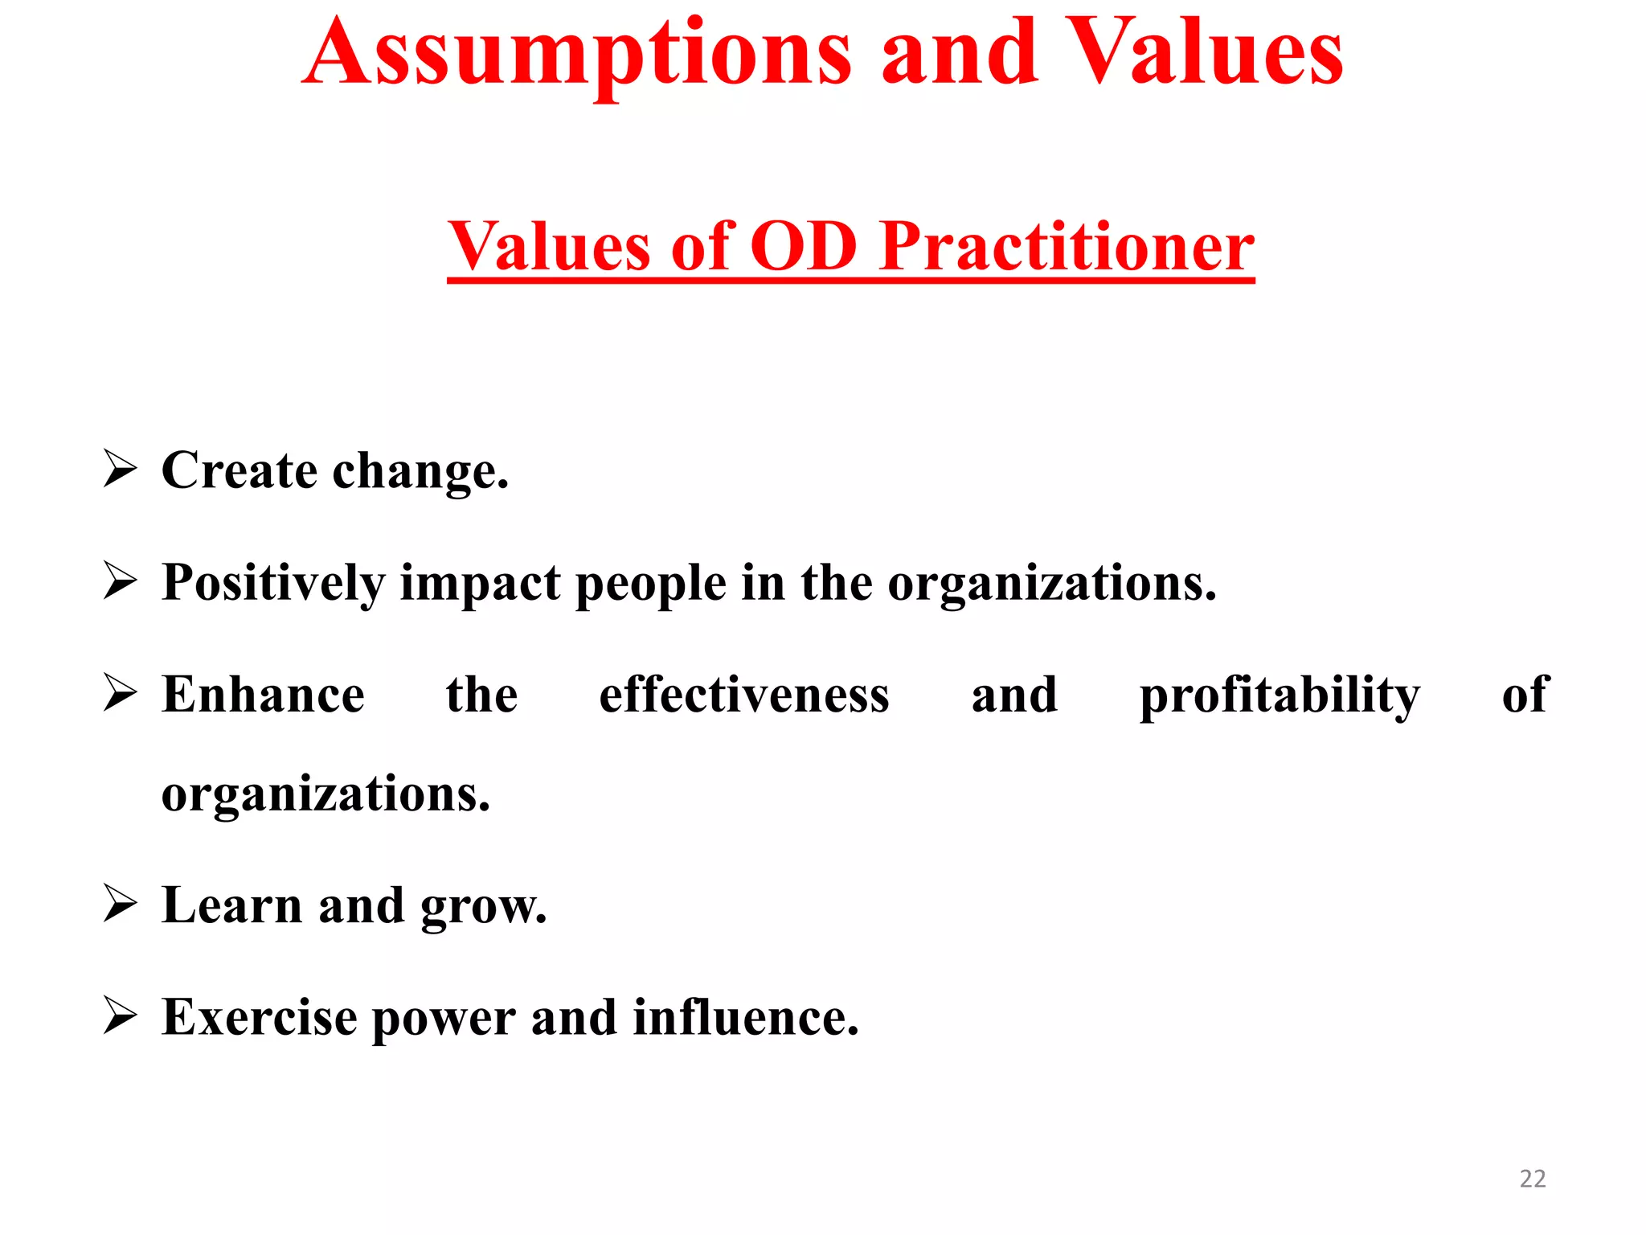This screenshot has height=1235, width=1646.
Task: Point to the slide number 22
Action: pos(1533,1179)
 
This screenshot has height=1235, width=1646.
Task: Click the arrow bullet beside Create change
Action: pos(121,470)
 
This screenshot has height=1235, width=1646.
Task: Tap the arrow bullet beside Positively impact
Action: pos(121,581)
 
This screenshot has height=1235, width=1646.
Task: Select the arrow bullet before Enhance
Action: pos(121,693)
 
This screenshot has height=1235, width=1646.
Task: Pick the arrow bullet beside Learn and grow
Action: pos(121,905)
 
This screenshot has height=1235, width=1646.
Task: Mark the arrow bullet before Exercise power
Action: pos(121,1016)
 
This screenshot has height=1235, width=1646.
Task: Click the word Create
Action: pos(239,470)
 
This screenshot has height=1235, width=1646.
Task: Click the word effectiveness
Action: pos(744,695)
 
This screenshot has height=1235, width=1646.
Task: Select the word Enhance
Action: pos(263,695)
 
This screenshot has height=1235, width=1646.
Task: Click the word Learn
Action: pos(232,905)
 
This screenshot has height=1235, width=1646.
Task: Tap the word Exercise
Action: pos(259,1018)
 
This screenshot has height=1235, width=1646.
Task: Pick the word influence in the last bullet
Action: pos(745,1018)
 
